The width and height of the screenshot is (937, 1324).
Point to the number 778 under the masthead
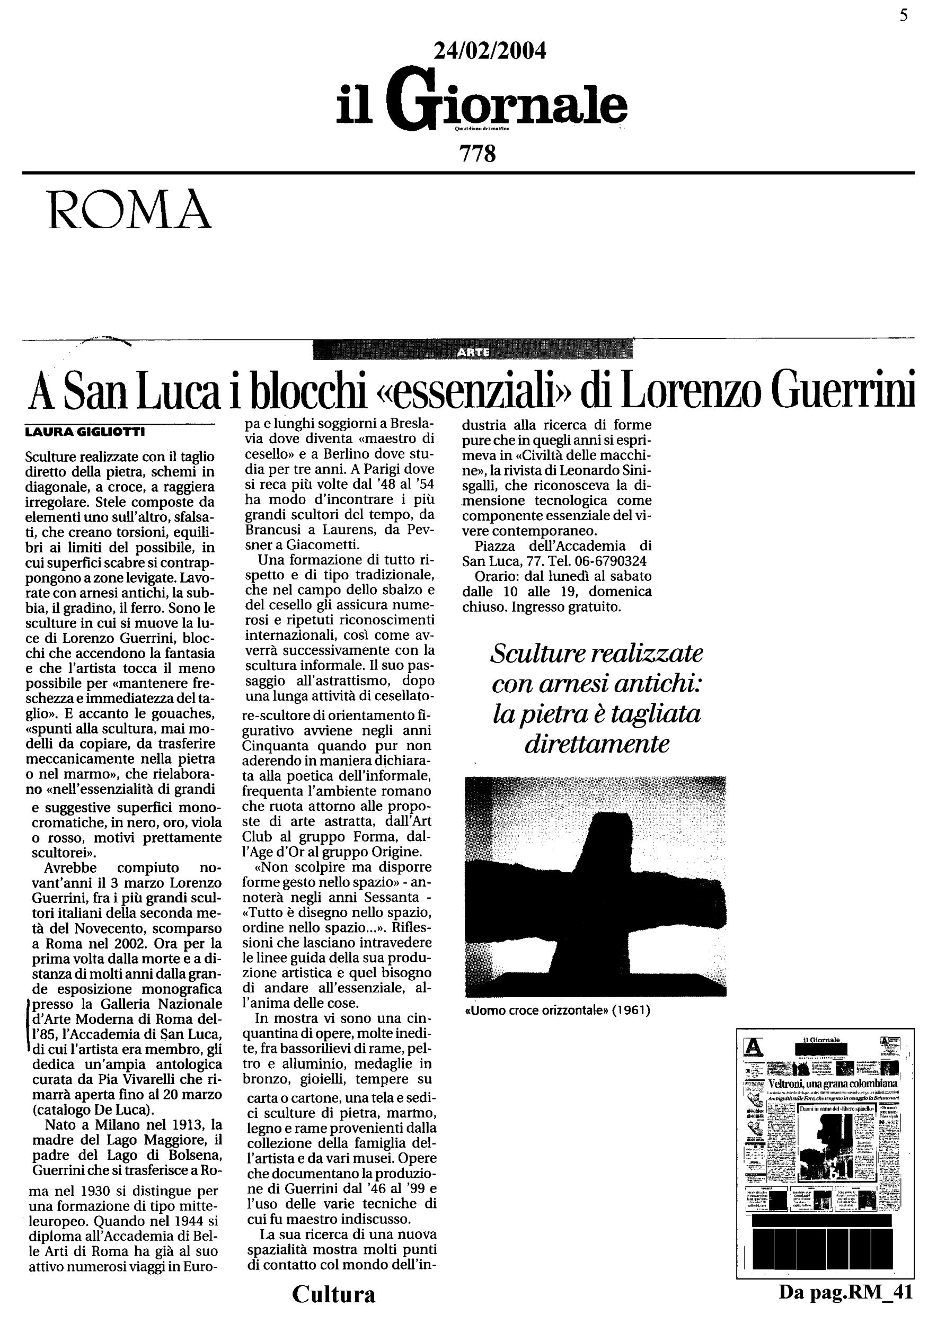tap(478, 154)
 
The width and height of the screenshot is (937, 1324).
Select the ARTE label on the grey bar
tap(473, 352)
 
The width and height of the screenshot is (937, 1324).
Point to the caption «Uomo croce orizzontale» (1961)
tap(558, 1010)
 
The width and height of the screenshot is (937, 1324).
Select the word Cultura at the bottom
tap(333, 1294)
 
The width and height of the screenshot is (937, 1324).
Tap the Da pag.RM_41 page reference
tap(846, 1292)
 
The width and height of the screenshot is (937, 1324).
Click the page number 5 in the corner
tap(904, 15)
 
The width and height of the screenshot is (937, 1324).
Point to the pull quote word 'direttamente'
tap(596, 745)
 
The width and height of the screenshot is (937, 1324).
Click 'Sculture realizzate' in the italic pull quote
tap(596, 654)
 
